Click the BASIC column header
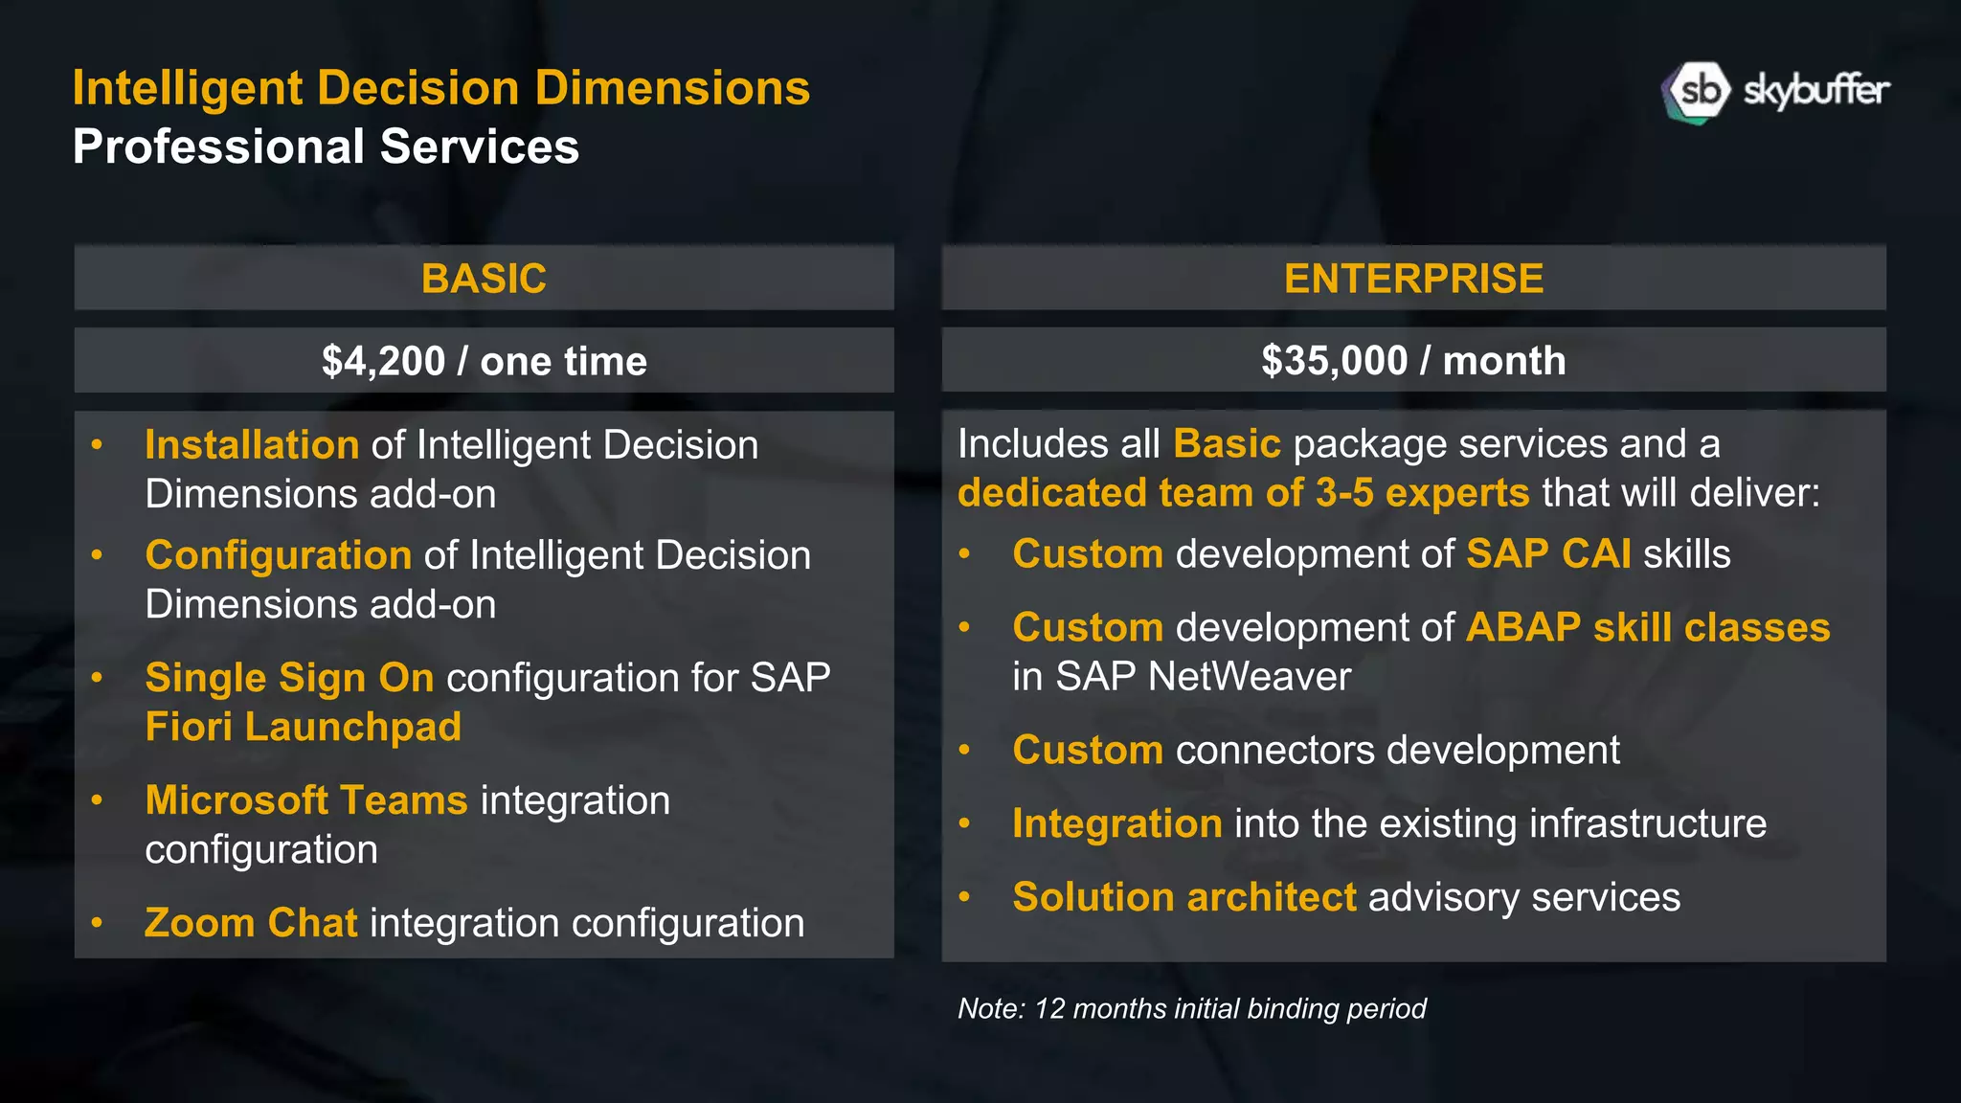[x=484, y=279]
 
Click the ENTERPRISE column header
[x=1413, y=279]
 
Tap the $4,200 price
[x=383, y=361]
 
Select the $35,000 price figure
[x=1334, y=361]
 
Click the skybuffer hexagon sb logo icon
[x=1697, y=93]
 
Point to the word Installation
[x=252, y=445]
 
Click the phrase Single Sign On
[x=289, y=678]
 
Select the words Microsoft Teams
[x=306, y=800]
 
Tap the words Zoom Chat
[x=251, y=923]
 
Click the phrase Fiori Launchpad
[x=303, y=727]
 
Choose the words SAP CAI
[x=1548, y=554]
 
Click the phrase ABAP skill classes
[x=1648, y=628]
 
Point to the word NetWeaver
[x=1250, y=677]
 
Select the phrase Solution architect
[x=1184, y=898]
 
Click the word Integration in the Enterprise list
[x=1116, y=824]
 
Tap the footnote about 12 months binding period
[x=1191, y=1008]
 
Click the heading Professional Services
[x=326, y=146]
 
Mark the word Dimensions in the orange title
[x=672, y=88]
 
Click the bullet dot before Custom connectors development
[x=964, y=751]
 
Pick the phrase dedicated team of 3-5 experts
[x=1243, y=493]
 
